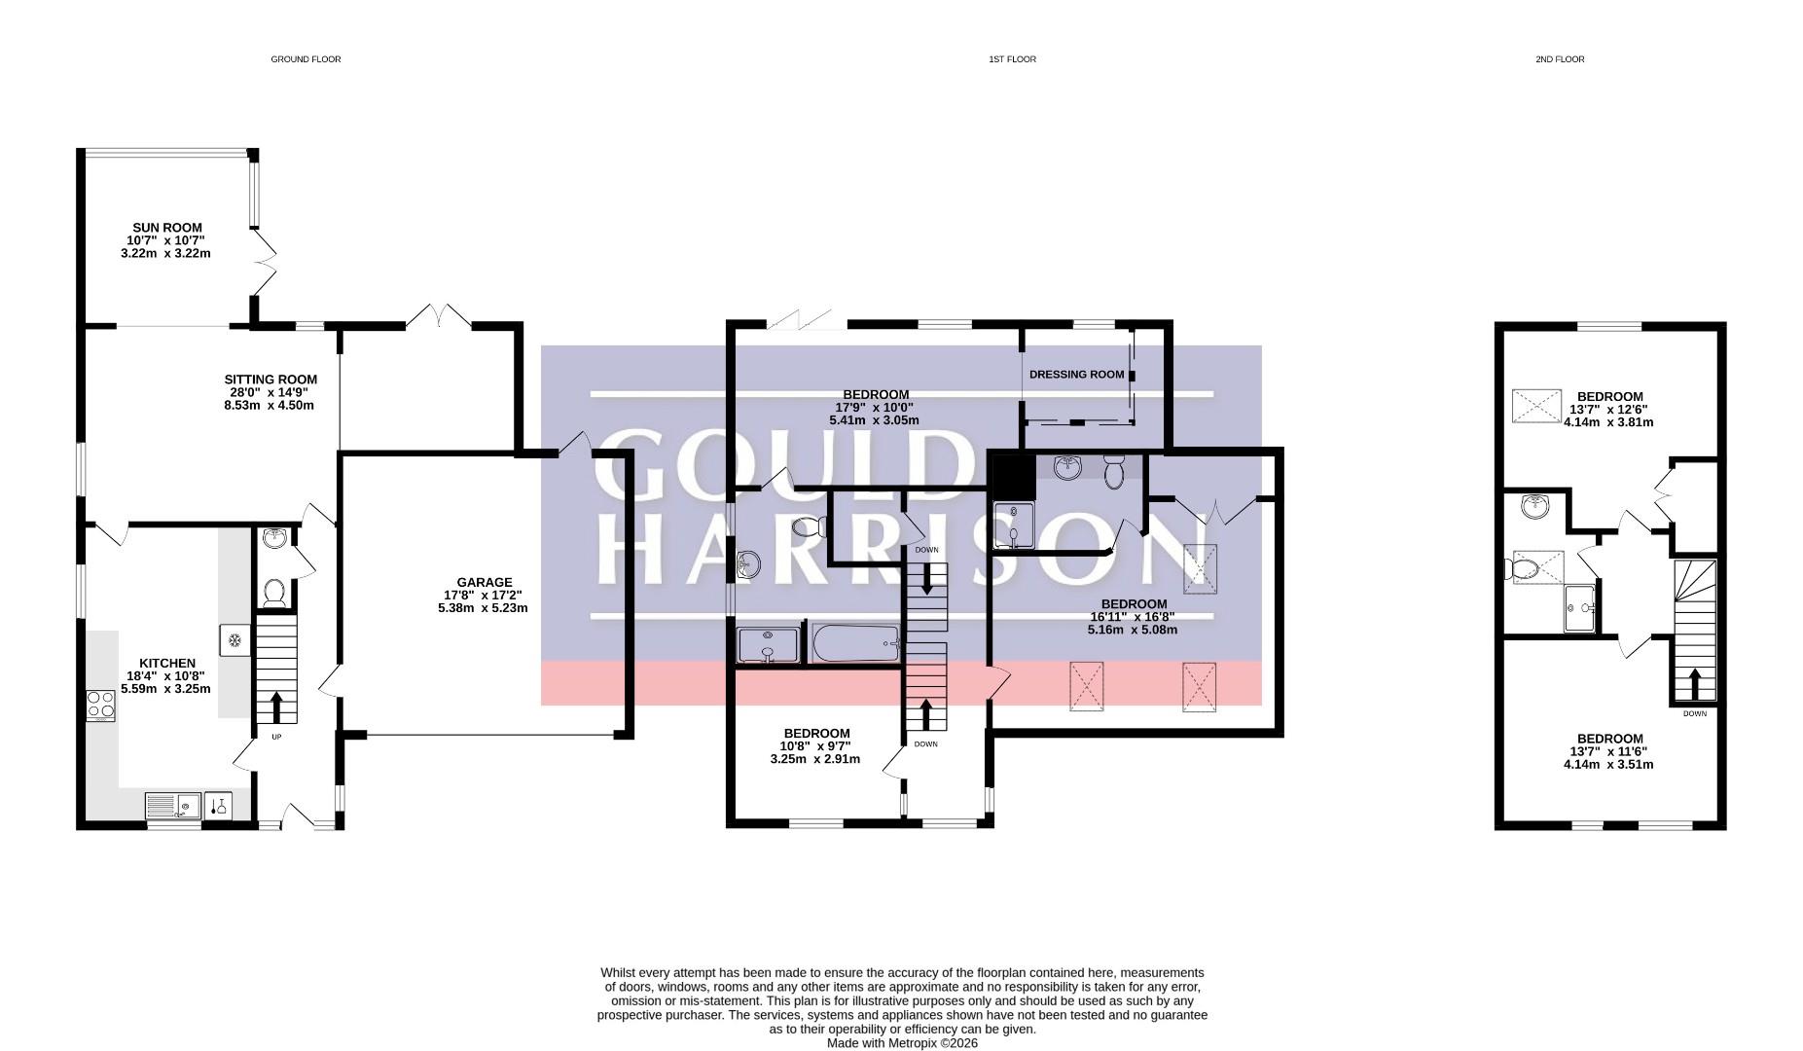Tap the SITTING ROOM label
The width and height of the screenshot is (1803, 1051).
(270, 380)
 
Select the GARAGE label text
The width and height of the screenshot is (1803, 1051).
(484, 583)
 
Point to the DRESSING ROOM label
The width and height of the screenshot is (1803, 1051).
(1076, 375)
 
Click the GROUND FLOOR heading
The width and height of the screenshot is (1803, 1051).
(306, 59)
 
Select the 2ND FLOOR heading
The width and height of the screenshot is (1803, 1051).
(1560, 59)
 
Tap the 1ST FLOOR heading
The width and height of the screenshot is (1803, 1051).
(1012, 59)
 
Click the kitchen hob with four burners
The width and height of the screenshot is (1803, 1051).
(101, 704)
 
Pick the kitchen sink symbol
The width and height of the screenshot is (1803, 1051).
(172, 806)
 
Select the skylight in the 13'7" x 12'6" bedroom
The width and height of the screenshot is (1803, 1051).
(1536, 406)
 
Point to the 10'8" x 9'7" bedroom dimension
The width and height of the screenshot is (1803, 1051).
(815, 746)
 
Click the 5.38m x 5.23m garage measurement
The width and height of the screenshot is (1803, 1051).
(483, 608)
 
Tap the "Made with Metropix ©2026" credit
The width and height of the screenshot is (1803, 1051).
(902, 1043)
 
